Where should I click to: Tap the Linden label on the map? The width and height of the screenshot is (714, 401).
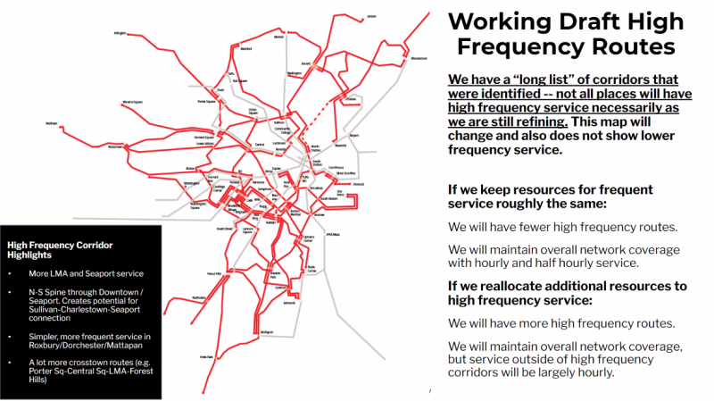pyautogui.click(x=371, y=16)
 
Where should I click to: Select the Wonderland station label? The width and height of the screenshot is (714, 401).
pyautogui.click(x=419, y=59)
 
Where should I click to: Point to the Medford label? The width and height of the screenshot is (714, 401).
pyautogui.click(x=245, y=49)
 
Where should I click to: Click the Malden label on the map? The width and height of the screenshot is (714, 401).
pyautogui.click(x=278, y=38)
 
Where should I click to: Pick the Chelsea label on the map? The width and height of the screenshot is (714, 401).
pyautogui.click(x=351, y=98)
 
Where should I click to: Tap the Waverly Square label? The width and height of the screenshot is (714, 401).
pyautogui.click(x=132, y=103)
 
